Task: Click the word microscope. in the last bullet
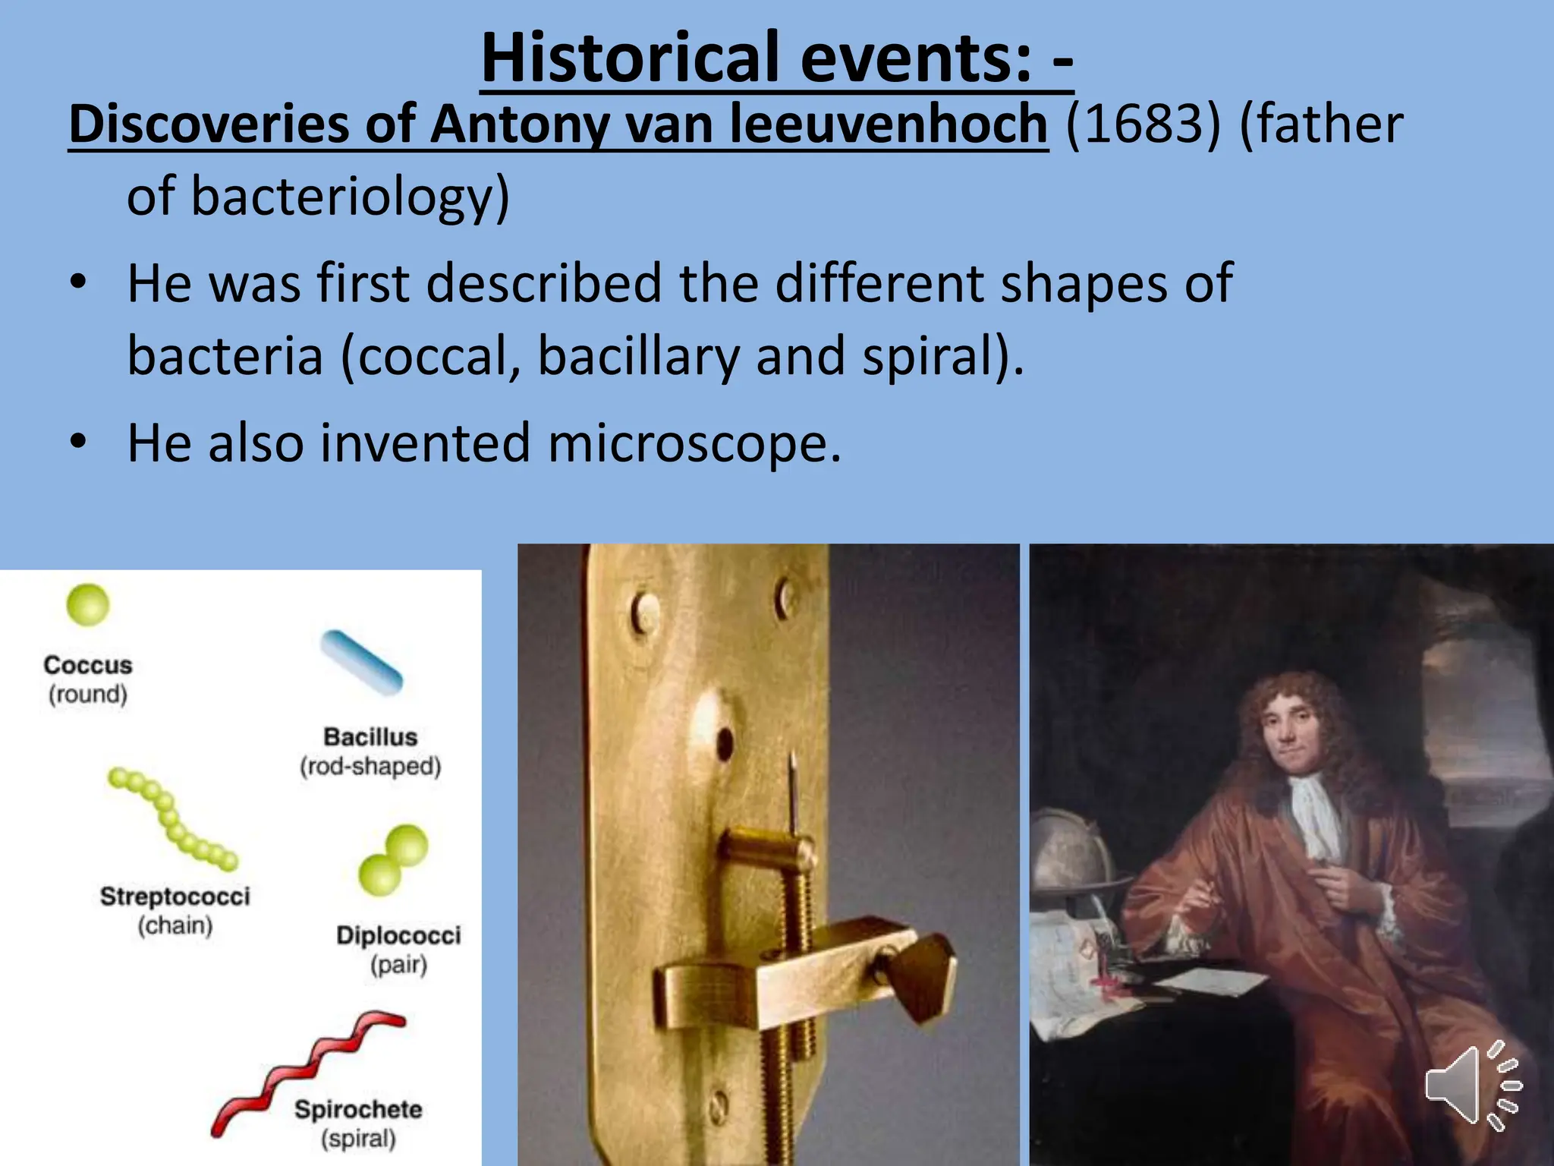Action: click(x=694, y=443)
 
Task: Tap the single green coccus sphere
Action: click(x=88, y=605)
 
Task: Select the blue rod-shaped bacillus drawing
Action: click(x=361, y=662)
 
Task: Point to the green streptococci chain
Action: click(x=171, y=820)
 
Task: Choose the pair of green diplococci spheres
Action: click(x=393, y=860)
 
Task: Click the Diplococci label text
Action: click(x=398, y=935)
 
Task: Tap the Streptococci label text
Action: click(x=175, y=897)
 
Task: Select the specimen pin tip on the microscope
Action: click(x=792, y=759)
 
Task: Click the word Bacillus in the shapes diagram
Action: click(x=370, y=737)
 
